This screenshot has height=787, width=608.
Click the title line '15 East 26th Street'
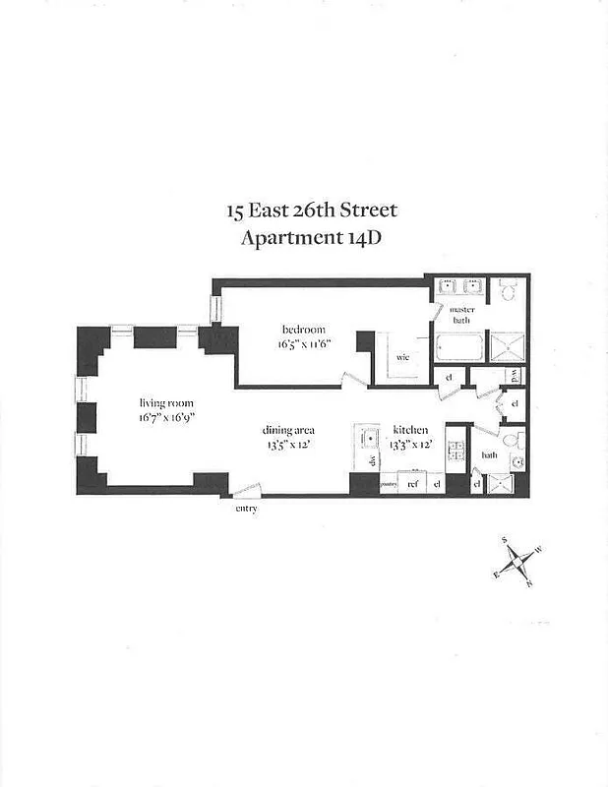(x=312, y=211)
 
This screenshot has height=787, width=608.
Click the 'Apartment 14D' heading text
(x=312, y=237)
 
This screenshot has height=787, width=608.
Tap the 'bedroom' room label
(x=303, y=330)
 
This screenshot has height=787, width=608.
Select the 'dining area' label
(x=287, y=430)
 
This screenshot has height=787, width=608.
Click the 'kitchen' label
(x=409, y=431)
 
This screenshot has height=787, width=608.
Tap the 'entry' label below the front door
(x=245, y=508)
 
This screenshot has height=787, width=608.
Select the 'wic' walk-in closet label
(x=402, y=357)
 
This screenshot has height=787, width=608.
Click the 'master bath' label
(x=462, y=315)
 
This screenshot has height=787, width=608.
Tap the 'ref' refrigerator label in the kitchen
(x=414, y=484)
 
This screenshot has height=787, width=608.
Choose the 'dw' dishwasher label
(x=372, y=460)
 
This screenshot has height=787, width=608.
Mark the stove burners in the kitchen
(x=456, y=452)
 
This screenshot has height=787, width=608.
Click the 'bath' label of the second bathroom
(x=488, y=454)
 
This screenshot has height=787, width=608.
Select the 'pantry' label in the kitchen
(x=389, y=484)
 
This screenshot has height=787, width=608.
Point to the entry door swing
(x=248, y=489)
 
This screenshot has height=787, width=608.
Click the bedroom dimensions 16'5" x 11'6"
(x=303, y=344)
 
